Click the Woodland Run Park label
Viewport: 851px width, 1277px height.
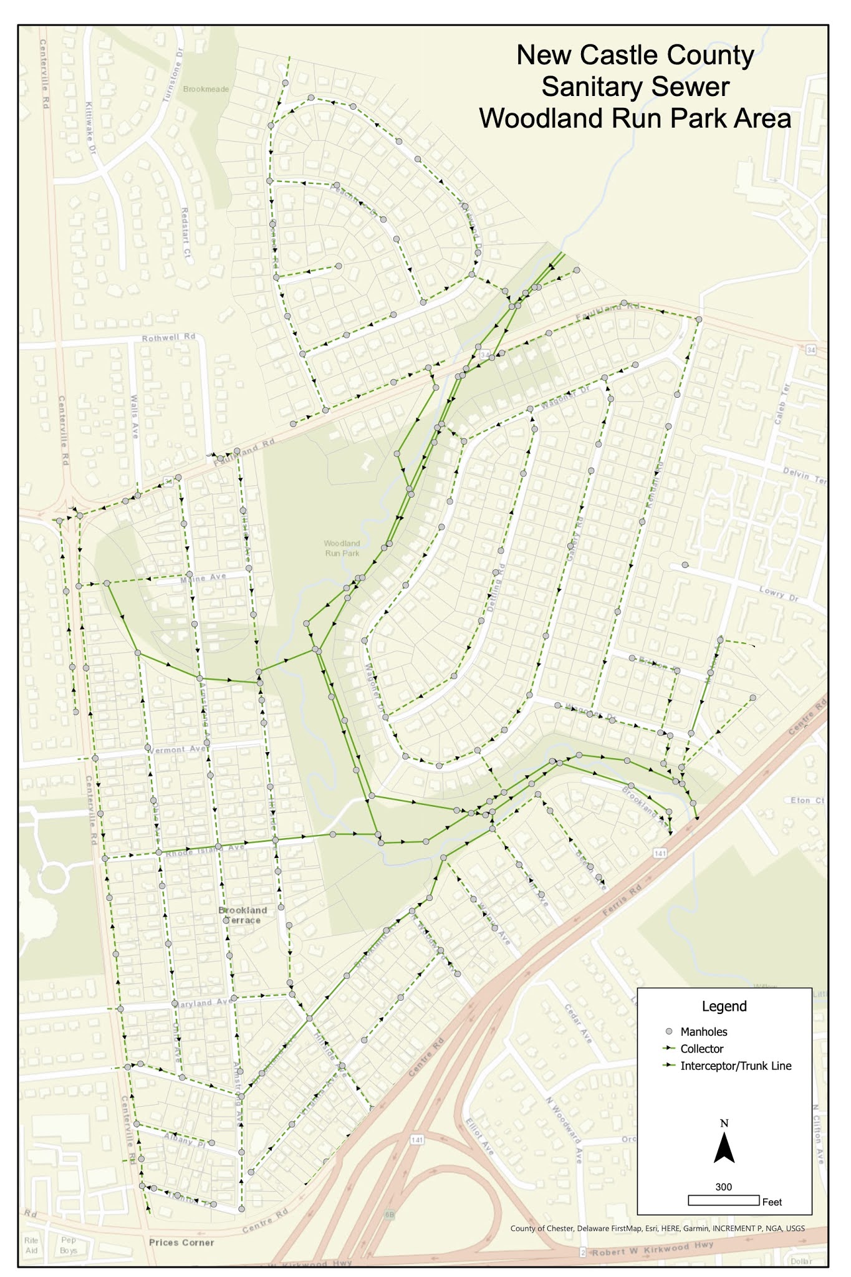click(342, 548)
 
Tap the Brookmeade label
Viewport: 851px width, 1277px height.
click(206, 89)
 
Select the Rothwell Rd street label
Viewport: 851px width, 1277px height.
click(168, 337)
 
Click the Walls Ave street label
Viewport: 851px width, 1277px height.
click(135, 415)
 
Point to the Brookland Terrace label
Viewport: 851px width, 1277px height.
click(243, 915)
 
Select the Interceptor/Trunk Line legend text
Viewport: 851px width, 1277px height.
click(736, 1066)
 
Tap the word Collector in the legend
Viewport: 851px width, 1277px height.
click(701, 1049)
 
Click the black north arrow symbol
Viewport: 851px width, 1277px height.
click(723, 1148)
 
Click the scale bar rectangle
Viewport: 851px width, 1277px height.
click(723, 1200)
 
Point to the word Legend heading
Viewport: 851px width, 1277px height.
click(724, 1006)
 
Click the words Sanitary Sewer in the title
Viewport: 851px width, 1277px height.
click(635, 87)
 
